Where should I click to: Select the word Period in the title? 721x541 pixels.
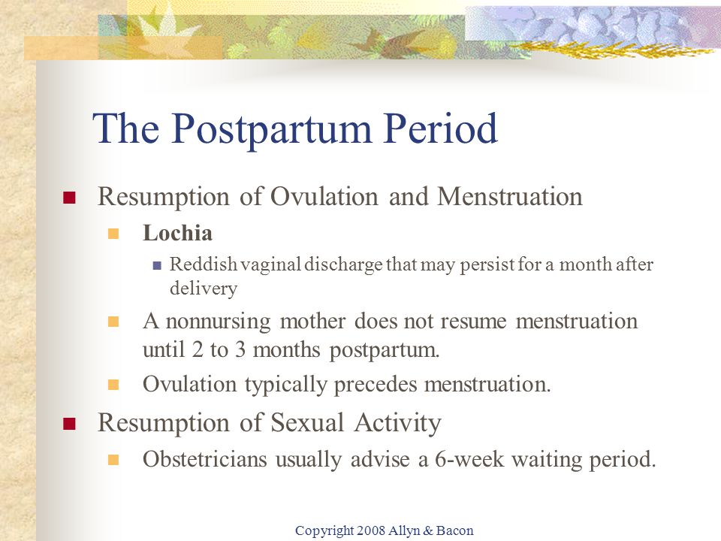pyautogui.click(x=441, y=128)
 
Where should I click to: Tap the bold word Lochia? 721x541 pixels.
pyautogui.click(x=177, y=233)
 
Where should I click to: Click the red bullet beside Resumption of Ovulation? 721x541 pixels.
pyautogui.click(x=69, y=198)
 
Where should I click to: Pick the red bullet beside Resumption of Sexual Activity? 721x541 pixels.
pyautogui.click(x=69, y=424)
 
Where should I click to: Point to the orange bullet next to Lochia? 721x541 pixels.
pyautogui.click(x=113, y=234)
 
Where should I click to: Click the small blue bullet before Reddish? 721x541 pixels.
pyautogui.click(x=157, y=265)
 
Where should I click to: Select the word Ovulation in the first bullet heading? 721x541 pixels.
pyautogui.click(x=324, y=196)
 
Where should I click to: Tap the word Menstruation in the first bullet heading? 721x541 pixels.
pyautogui.click(x=509, y=196)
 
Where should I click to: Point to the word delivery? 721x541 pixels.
pyautogui.click(x=204, y=289)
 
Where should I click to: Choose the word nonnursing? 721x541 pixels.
pyautogui.click(x=218, y=322)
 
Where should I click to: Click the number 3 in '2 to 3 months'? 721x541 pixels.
pyautogui.click(x=240, y=349)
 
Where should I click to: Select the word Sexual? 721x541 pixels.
pyautogui.click(x=306, y=422)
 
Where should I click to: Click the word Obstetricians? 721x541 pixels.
pyautogui.click(x=204, y=459)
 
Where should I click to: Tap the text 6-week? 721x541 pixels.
pyautogui.click(x=469, y=459)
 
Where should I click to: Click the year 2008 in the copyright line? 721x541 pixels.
pyautogui.click(x=370, y=530)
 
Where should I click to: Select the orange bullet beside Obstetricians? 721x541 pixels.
pyautogui.click(x=113, y=460)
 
